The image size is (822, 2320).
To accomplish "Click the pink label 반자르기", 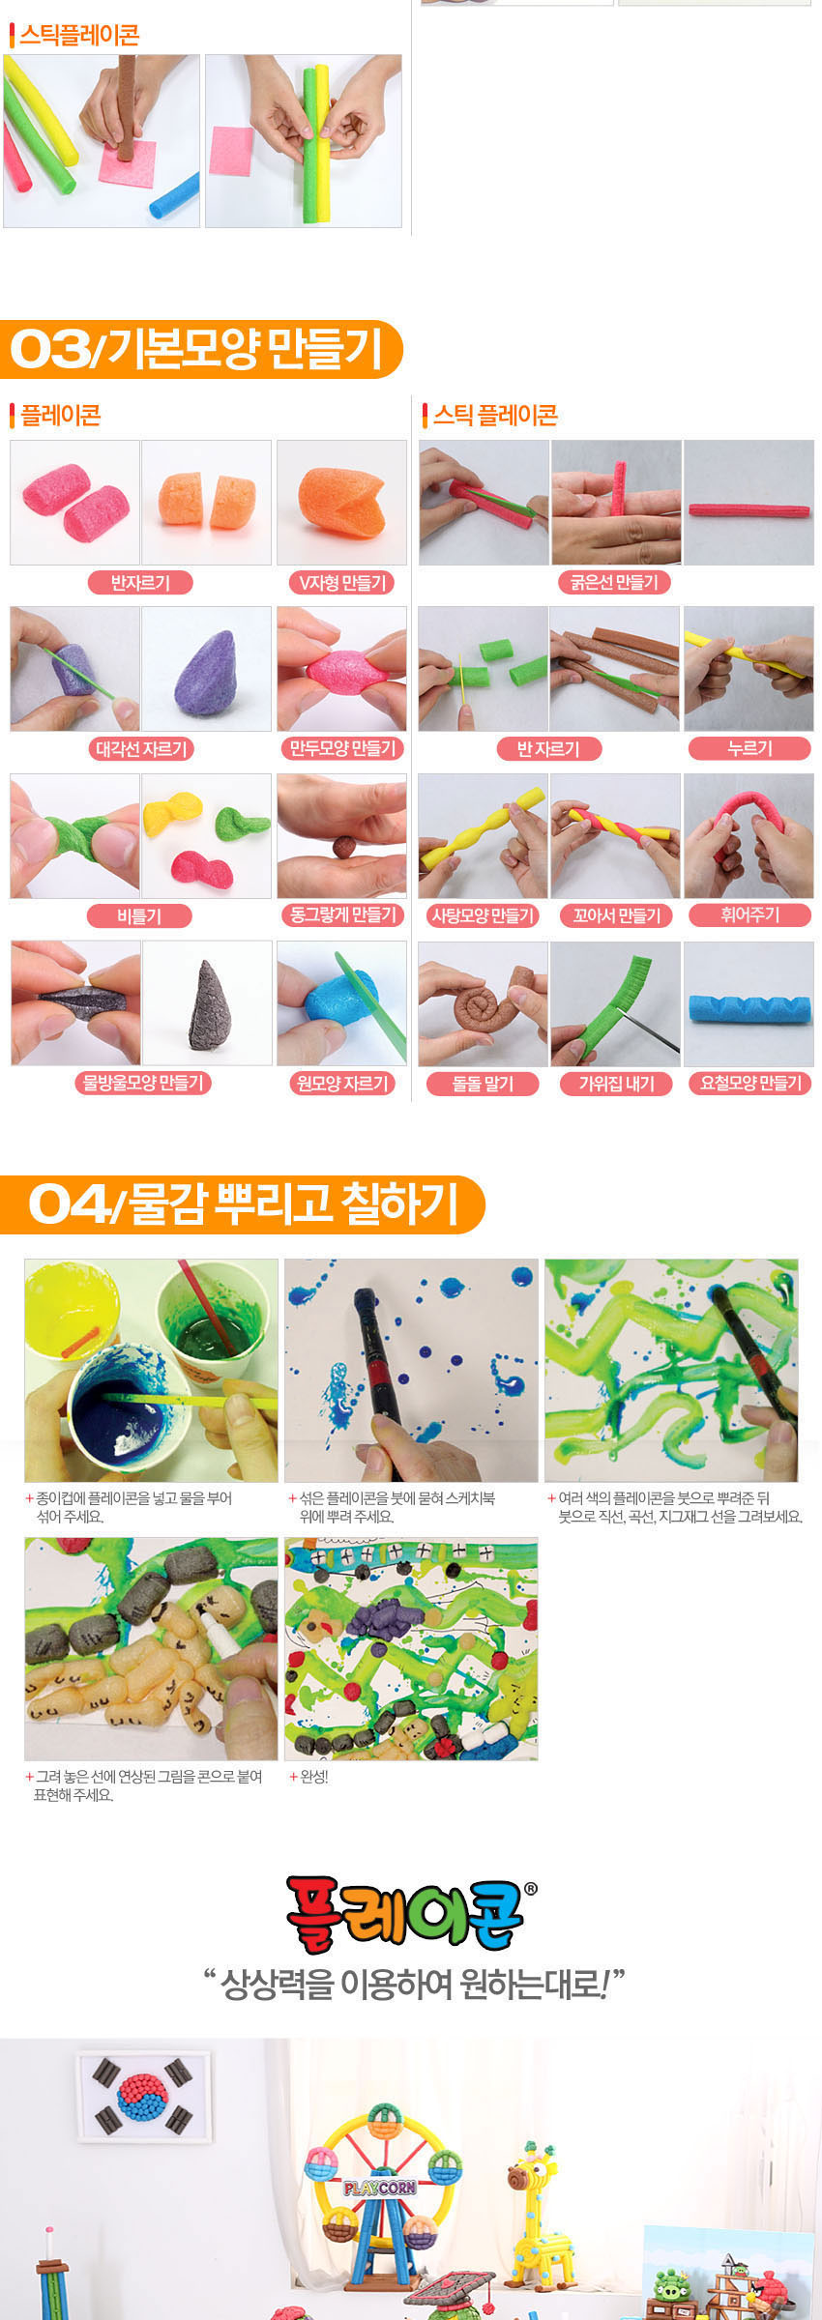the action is [140, 582].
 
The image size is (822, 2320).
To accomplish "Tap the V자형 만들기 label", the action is [341, 582].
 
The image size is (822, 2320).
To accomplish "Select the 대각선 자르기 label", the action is [141, 748].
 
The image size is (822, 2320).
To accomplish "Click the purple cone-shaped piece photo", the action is [206, 669].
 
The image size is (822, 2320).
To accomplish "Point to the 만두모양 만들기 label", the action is [341, 748].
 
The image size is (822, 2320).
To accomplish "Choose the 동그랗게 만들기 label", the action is [342, 914].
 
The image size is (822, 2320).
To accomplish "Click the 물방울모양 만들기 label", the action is [143, 1083].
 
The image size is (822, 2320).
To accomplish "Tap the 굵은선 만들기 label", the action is [614, 582].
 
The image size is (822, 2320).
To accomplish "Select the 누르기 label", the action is [749, 748].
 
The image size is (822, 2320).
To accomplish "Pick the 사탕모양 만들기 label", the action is [483, 914].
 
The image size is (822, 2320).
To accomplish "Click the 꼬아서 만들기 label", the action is [616, 914].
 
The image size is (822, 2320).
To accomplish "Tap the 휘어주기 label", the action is [749, 914].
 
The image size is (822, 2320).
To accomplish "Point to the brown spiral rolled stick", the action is [488, 1005].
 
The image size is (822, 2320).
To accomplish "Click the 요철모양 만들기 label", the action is [750, 1083].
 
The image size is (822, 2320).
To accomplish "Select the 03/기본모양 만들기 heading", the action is [198, 349].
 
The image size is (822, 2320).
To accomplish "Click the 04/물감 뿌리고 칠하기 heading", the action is [242, 1204].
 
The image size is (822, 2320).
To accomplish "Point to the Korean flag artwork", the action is [143, 2097].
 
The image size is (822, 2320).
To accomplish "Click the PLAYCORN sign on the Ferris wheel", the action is [379, 2188].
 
